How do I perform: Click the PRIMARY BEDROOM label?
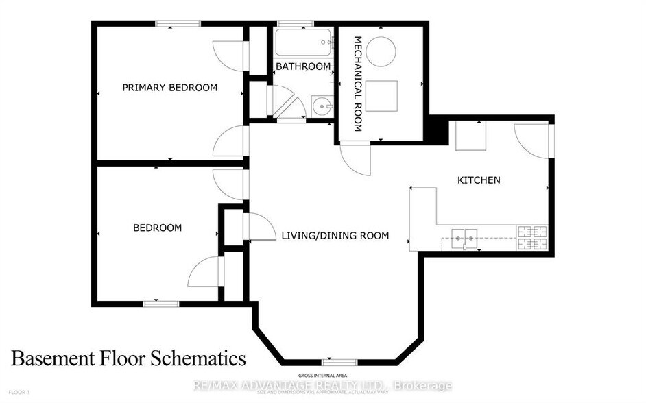point(169,88)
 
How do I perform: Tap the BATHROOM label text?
point(303,66)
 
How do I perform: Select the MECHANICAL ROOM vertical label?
point(357,84)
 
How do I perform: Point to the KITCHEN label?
point(479,180)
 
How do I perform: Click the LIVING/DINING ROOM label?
point(335,236)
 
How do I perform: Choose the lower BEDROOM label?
point(157,228)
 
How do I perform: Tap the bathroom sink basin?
point(322,106)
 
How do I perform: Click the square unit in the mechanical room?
point(381,95)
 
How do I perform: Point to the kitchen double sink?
point(464,237)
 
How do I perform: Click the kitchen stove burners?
point(532,237)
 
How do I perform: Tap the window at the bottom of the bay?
point(339,361)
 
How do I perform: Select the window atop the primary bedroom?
point(177,24)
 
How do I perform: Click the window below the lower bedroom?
point(161,302)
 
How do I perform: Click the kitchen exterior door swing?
point(532,139)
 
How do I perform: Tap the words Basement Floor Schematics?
point(128,358)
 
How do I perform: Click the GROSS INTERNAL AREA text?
point(323,376)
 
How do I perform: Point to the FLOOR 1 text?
point(19,392)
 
